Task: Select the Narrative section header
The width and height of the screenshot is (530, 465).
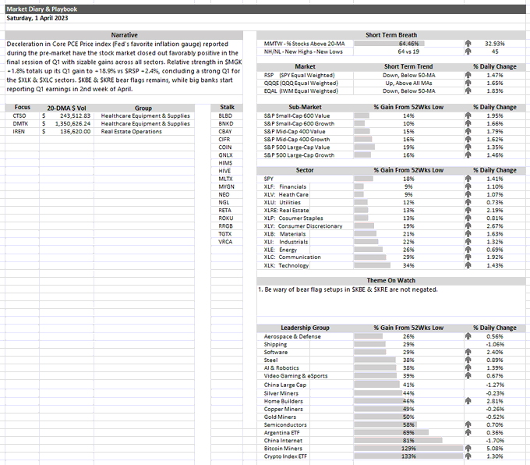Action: point(124,35)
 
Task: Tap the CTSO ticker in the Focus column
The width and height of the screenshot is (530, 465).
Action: point(19,115)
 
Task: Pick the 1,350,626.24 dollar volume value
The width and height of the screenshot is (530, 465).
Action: point(69,123)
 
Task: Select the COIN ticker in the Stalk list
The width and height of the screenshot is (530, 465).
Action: point(226,147)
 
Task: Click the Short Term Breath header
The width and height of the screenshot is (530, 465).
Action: point(391,35)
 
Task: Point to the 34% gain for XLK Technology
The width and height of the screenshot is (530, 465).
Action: point(408,266)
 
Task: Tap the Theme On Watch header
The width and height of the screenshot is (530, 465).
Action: point(391,281)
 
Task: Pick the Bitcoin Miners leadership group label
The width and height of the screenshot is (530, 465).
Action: point(284,448)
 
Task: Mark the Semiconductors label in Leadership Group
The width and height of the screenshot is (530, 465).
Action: point(286,424)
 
